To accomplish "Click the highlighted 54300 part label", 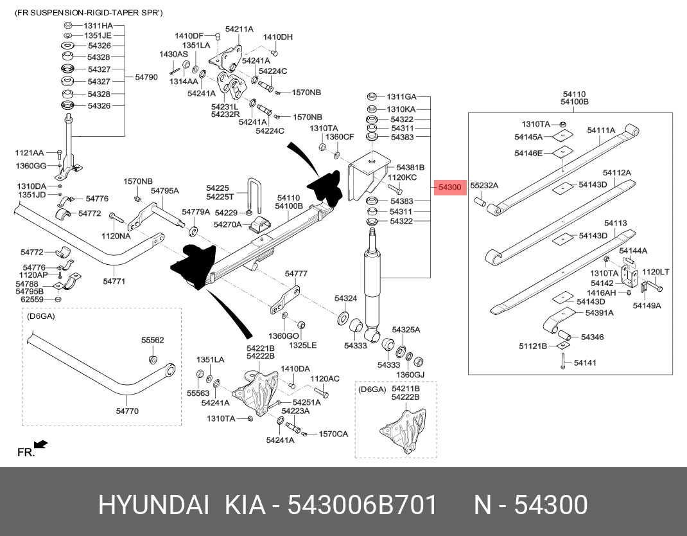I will click(450, 188).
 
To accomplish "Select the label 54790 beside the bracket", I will click(146, 77).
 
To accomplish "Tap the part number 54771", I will click(114, 281).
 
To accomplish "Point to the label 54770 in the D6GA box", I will click(126, 411).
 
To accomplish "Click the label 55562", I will click(153, 340).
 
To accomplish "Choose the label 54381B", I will click(410, 166).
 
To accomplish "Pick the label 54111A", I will click(601, 130).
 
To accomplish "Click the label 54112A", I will click(616, 173).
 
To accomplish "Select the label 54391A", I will click(599, 313).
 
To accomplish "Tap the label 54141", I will click(585, 363).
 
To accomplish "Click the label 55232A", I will click(484, 185).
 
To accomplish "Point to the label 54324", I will click(345, 299).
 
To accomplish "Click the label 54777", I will click(296, 274).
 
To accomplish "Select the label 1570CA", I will click(333, 434).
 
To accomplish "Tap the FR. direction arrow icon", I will click(40, 444).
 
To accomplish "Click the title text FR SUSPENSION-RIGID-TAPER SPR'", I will click(89, 13).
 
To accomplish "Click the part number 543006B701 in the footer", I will click(363, 506).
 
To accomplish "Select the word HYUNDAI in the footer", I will click(153, 506).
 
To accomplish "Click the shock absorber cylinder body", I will click(372, 283).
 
